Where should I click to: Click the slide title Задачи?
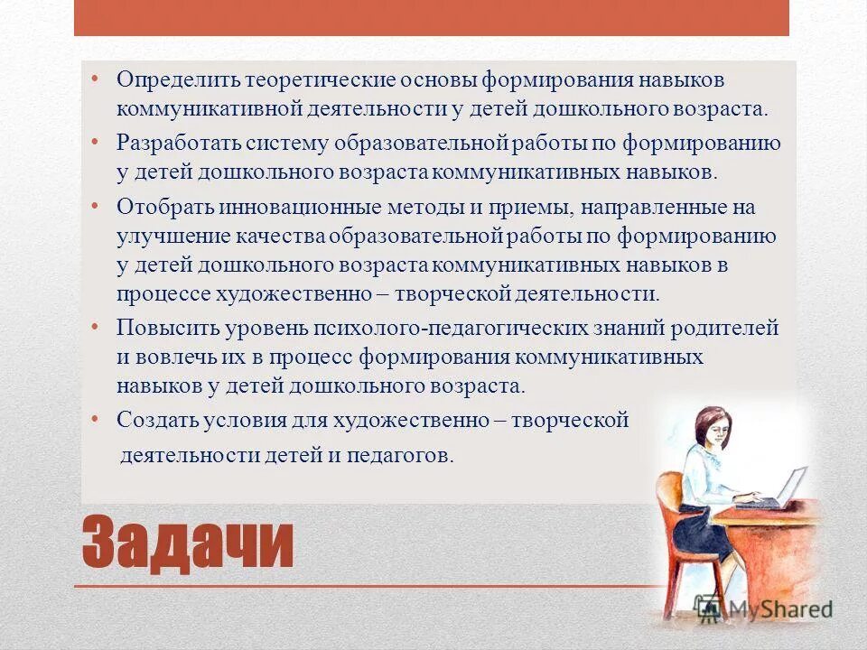coord(188,543)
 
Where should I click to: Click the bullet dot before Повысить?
coord(96,322)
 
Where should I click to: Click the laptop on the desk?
coord(788,487)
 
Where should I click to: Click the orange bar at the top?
coord(432,18)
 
